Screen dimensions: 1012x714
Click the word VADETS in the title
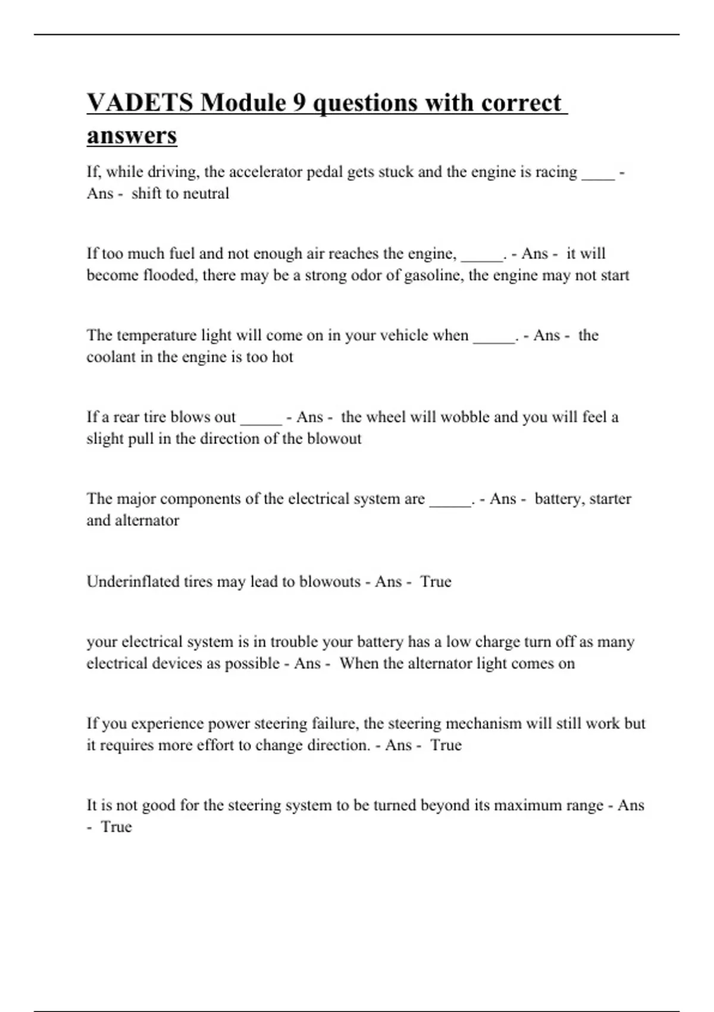(140, 102)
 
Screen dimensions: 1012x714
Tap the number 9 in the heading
(300, 102)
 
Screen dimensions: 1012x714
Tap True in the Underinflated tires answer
(436, 582)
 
